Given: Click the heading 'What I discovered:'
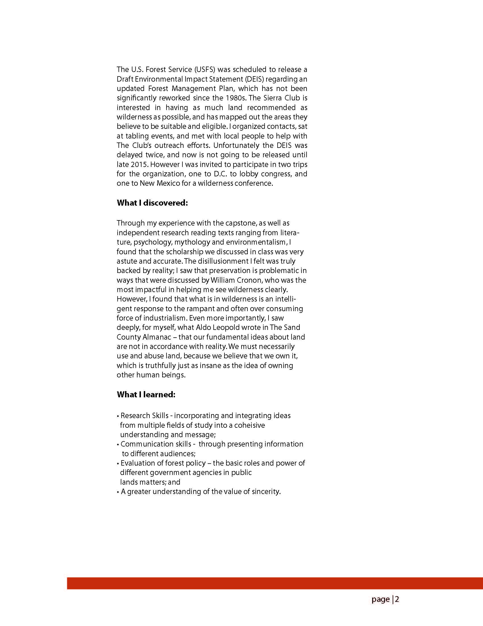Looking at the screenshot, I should tap(152, 203).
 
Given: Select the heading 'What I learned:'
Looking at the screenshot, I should tap(146, 395).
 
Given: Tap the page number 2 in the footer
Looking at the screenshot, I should tap(397, 599).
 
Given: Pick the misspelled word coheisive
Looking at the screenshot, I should tap(249, 425).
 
